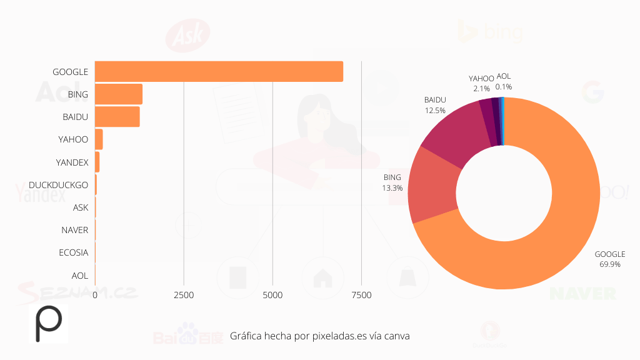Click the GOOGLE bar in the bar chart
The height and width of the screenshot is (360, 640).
219,71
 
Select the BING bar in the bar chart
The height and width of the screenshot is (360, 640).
119,94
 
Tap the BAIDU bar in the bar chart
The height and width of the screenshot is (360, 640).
117,117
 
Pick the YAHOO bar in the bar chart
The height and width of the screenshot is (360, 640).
99,139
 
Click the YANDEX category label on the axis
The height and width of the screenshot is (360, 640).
72,162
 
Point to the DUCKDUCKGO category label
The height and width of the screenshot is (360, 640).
58,185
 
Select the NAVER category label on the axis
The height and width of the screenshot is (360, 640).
74,230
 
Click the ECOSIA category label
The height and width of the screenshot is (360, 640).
73,252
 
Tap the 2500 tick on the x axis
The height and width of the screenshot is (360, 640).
184,294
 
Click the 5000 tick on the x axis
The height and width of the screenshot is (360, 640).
272,294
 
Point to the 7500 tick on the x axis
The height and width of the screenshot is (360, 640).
361,294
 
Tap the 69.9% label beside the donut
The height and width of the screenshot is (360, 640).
609,264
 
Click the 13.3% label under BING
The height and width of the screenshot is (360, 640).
392,187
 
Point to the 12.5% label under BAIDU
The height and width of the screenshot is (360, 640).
434,110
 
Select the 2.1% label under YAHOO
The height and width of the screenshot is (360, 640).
481,89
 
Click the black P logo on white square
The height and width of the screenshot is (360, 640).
48,324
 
